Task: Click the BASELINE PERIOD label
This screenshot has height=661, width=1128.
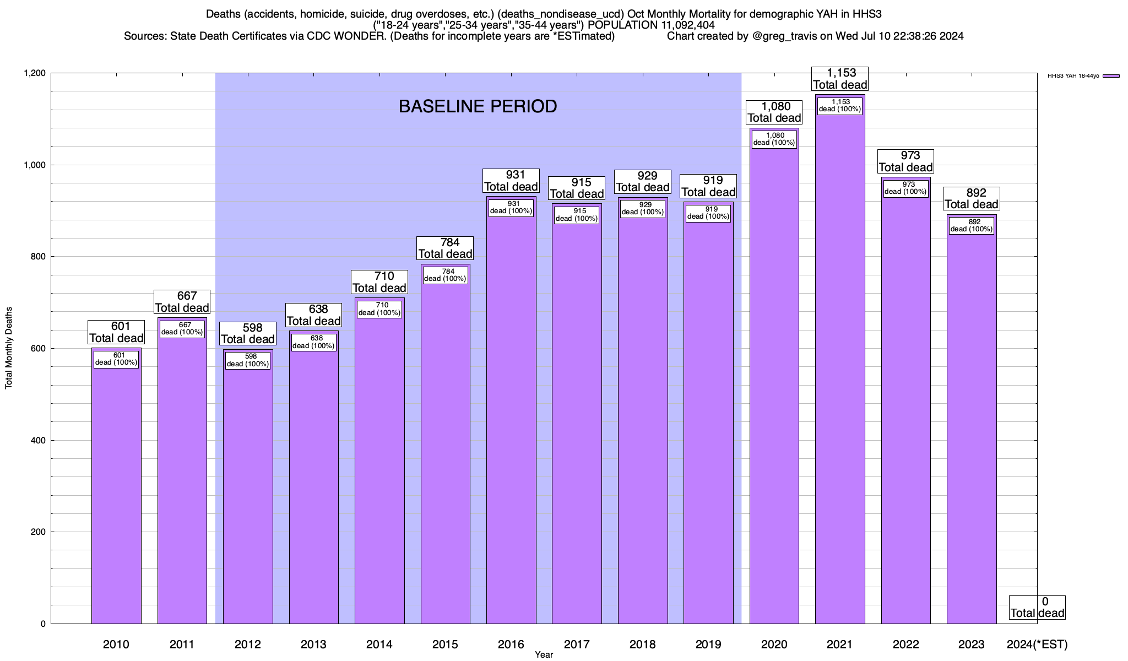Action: point(478,106)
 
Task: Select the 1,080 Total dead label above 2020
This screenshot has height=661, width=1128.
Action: point(774,112)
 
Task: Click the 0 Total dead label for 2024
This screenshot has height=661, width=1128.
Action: point(1037,607)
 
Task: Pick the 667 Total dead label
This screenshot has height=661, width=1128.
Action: point(182,302)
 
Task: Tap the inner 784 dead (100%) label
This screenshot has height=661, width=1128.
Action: point(445,275)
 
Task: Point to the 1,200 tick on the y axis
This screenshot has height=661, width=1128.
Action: point(34,73)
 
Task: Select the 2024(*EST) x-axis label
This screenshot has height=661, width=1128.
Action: point(1037,644)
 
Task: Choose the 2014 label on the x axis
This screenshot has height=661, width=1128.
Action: point(379,644)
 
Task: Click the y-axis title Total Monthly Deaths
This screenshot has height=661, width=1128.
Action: point(9,348)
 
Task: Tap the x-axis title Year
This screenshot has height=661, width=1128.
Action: point(544,654)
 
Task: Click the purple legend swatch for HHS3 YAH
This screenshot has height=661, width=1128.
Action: point(1111,76)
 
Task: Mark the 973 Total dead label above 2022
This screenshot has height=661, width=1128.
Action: point(906,161)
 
